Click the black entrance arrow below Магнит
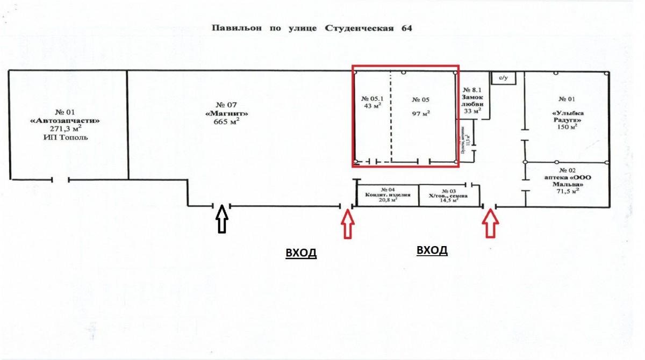pos(221,219)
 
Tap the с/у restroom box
pos(504,78)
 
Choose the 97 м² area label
pos(421,113)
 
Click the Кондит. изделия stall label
pos(388,195)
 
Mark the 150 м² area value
pos(566,127)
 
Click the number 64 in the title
pos(406,28)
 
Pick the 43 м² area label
pos(372,106)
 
